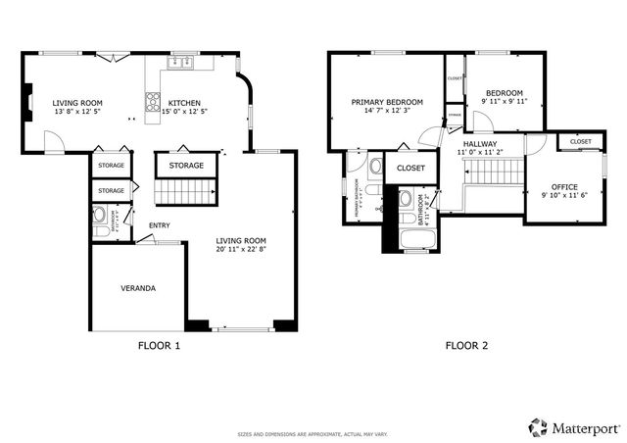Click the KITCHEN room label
(184, 102)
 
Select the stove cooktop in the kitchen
(153, 100)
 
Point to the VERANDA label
(138, 288)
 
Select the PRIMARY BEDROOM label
(387, 101)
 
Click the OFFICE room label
(563, 186)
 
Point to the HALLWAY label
(480, 143)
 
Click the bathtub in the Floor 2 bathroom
(412, 239)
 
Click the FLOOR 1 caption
(160, 345)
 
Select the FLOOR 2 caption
(466, 345)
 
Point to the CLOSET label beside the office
(580, 142)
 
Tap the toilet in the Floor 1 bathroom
(99, 215)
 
